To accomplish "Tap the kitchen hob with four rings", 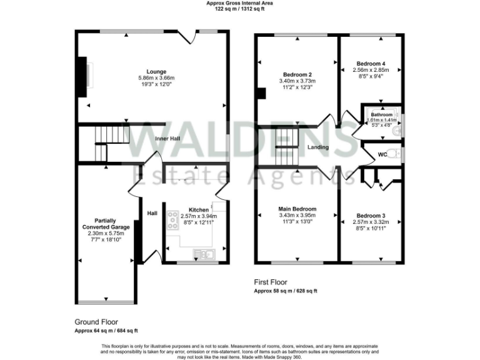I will pyautogui.click(x=171, y=219).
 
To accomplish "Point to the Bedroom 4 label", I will pyautogui.click(x=371, y=64).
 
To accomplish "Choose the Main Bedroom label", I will pyautogui.click(x=297, y=209).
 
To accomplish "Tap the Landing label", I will pyautogui.click(x=319, y=147).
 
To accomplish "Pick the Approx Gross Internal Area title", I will pyautogui.click(x=239, y=3).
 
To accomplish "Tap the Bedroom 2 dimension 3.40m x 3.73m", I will pyautogui.click(x=297, y=81).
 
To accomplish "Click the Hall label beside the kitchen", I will pyautogui.click(x=152, y=213).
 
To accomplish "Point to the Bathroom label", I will pyautogui.click(x=382, y=115).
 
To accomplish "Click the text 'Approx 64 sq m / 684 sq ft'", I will pyautogui.click(x=106, y=330).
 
